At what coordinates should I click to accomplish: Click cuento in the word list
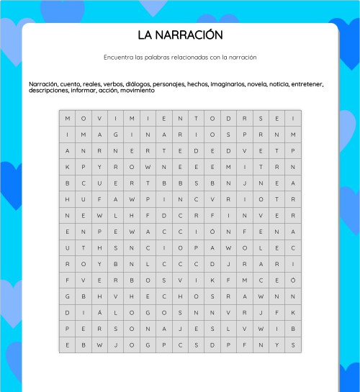coord(71,84)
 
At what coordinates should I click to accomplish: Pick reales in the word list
coord(91,84)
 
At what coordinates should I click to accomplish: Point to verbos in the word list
coord(113,84)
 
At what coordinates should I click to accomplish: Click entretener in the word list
coord(308,84)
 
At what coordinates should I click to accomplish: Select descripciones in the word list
coord(48,91)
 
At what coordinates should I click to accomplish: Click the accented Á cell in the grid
coord(99,312)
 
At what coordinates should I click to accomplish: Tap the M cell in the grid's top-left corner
coord(68,119)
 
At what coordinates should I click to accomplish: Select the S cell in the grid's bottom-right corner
coord(293,345)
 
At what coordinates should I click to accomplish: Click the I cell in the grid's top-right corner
coord(293,119)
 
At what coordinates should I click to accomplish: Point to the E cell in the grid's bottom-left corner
coord(68,345)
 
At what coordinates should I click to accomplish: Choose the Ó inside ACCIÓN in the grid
coord(212,232)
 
